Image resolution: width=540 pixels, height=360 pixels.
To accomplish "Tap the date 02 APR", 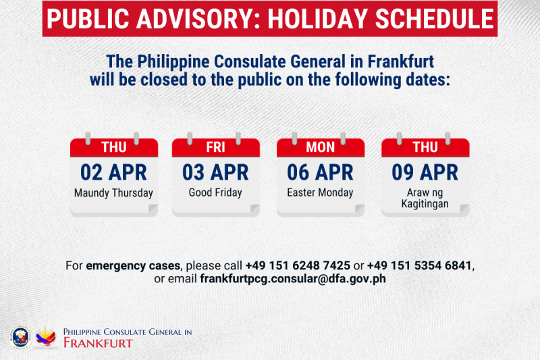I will point(113,172).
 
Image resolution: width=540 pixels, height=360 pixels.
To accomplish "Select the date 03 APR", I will point(215,172).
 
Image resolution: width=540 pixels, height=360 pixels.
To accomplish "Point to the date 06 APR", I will point(320,172).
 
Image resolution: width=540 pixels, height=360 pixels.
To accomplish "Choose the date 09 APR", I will point(425,172).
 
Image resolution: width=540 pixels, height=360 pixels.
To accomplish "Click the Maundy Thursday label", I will point(113,192).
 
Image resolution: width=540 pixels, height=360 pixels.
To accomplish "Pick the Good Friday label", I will point(215,192).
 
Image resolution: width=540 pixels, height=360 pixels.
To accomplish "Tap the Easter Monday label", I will point(320,192).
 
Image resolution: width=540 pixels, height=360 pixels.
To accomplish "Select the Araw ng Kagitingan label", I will point(425,198).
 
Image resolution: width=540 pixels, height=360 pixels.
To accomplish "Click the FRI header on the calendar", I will point(215,147).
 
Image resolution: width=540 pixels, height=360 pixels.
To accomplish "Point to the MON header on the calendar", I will point(320,147).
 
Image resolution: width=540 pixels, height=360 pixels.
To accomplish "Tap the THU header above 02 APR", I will point(113,147).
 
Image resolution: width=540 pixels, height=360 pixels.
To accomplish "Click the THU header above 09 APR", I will point(425,147).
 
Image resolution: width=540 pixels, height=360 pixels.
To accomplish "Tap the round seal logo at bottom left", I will point(20,337).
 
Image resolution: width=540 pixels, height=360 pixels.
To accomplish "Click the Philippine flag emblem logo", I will point(46,337).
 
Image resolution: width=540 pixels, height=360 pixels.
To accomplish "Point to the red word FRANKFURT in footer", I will point(97,342).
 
